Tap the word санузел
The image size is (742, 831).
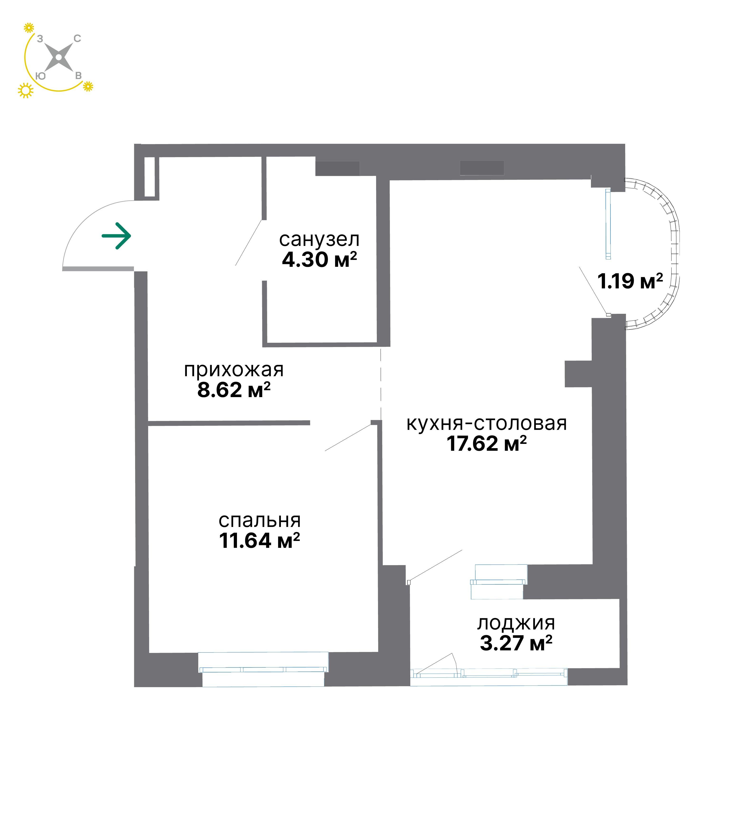point(319,240)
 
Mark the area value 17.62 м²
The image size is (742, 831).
point(487,443)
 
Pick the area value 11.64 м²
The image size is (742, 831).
point(260,541)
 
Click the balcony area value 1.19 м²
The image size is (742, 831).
point(630,281)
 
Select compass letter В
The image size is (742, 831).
point(78,76)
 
